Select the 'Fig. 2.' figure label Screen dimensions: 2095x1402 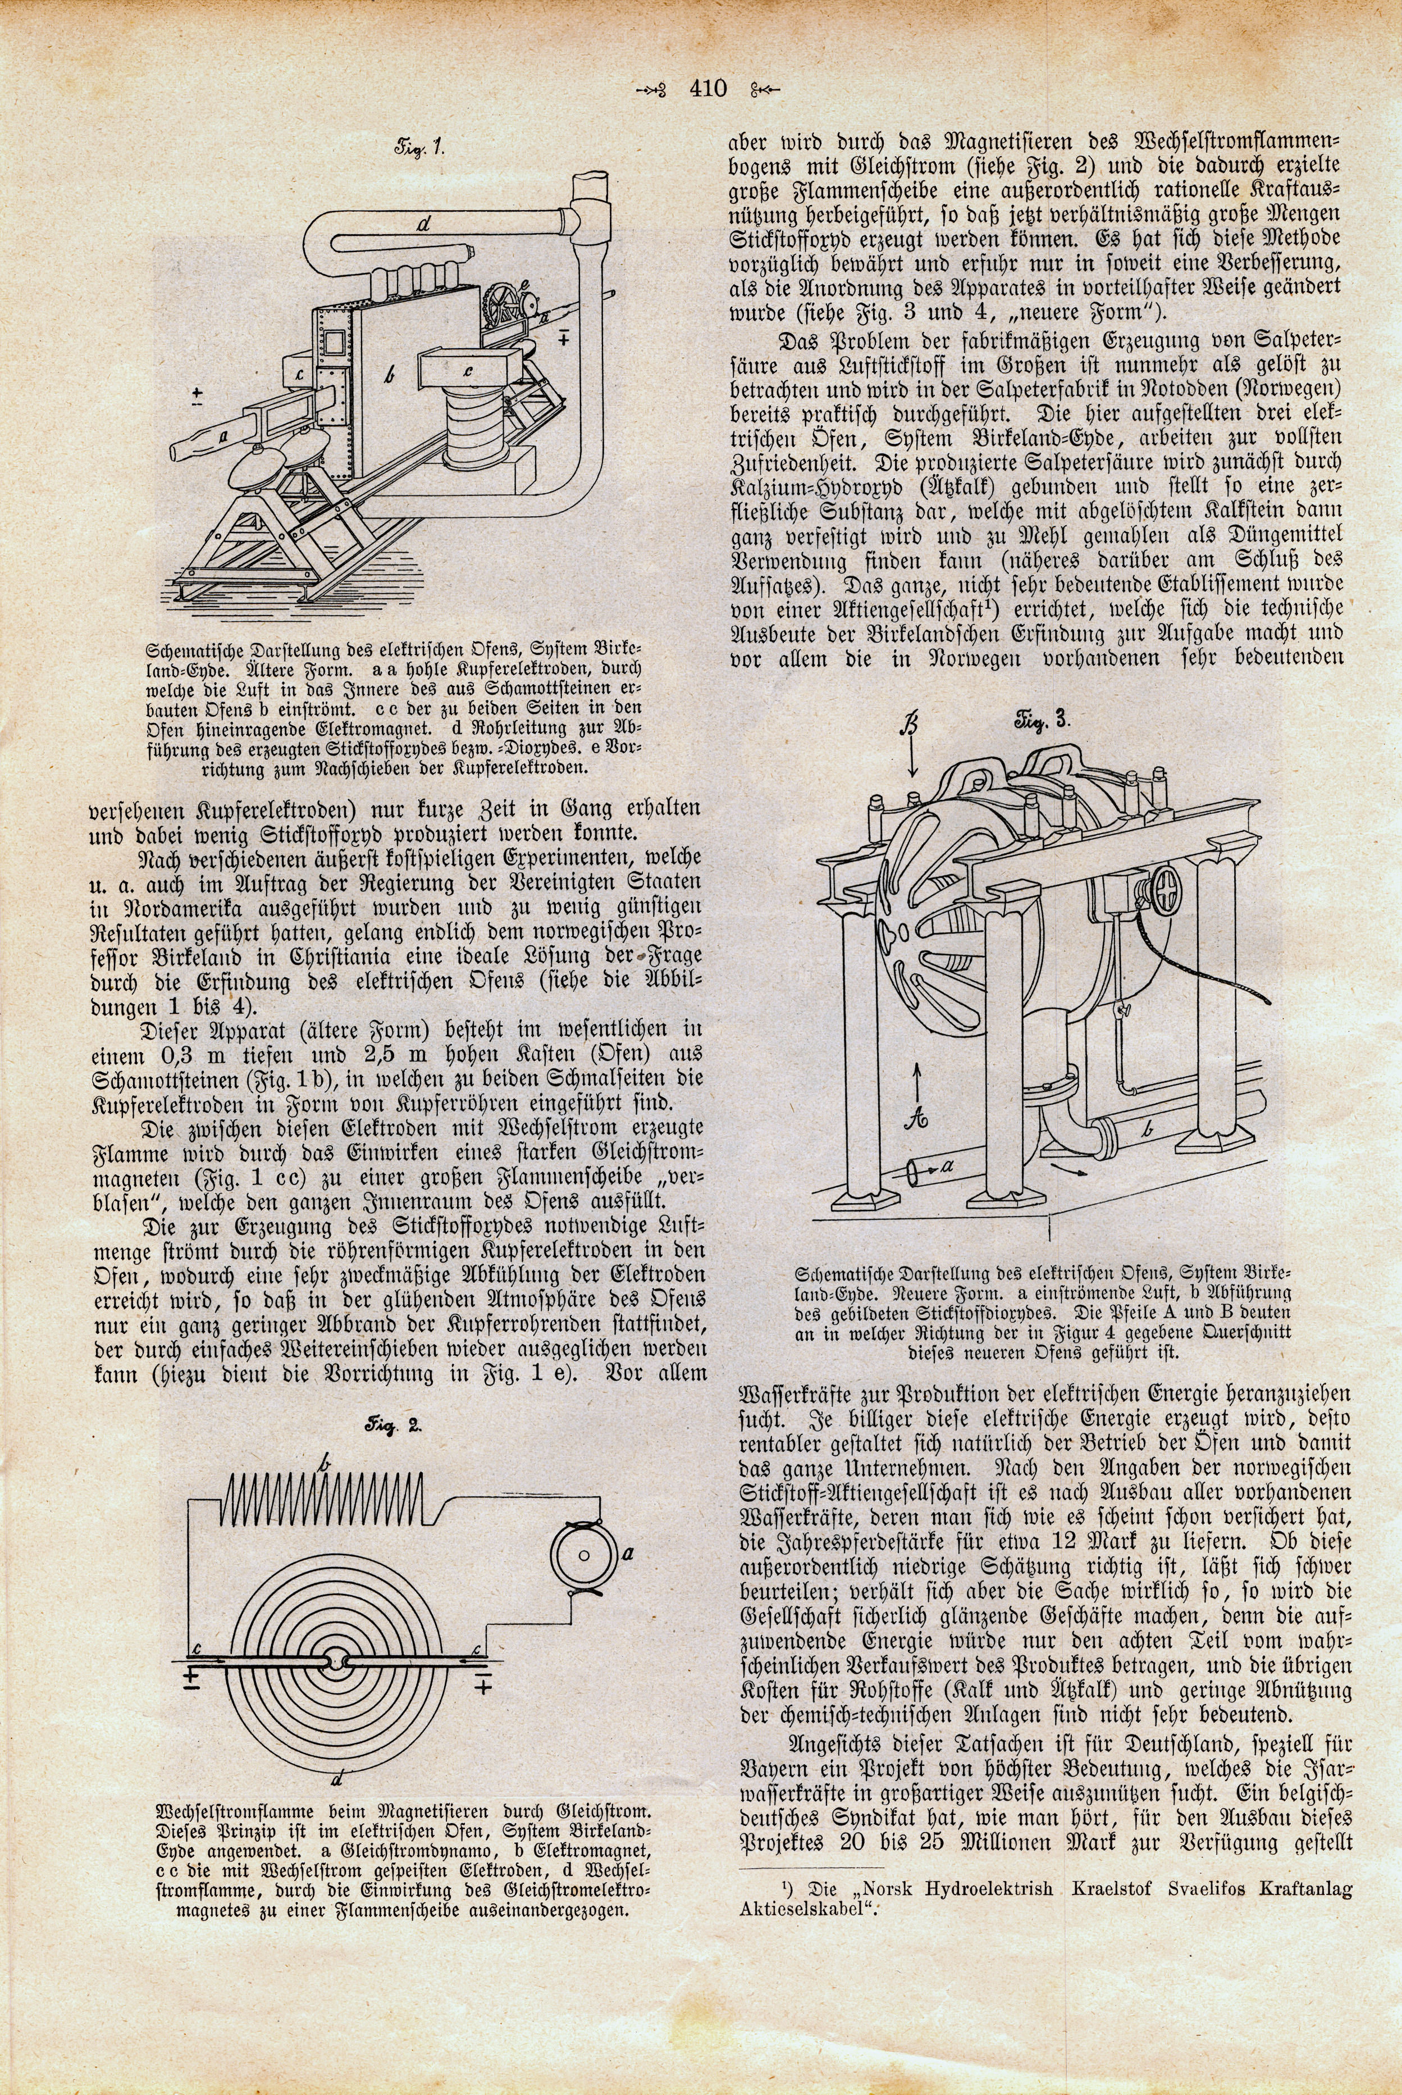click(x=396, y=1427)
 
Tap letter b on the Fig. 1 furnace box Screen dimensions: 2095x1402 click(x=388, y=376)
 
